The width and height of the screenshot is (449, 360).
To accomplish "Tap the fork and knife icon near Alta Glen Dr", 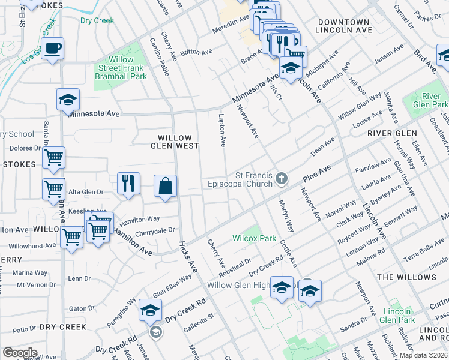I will point(128,183).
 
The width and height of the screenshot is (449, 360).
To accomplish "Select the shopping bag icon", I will point(166,185).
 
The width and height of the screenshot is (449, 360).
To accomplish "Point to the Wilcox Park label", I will point(255,238).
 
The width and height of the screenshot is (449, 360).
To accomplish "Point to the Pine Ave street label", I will point(318,175).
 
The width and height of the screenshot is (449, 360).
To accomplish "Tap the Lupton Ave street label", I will point(222,130).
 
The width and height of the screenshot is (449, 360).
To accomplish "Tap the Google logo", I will point(20,353).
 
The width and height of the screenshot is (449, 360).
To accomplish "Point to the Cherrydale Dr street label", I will point(155,229).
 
